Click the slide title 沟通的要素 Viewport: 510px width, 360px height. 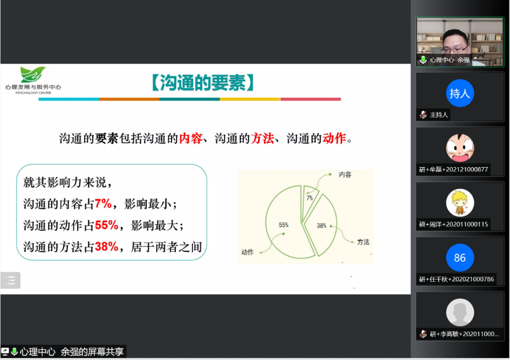tap(202, 82)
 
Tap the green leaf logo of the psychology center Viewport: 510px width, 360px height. tap(32, 74)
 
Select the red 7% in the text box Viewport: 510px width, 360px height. tap(103, 204)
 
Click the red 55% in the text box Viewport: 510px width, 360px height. tap(106, 225)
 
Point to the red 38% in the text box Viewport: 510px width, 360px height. tap(106, 246)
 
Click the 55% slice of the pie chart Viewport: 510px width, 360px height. tap(286, 224)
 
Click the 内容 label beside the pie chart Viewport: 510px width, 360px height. tap(345, 175)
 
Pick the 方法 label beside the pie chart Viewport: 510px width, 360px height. tap(363, 242)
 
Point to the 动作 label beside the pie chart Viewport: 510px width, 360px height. tap(247, 252)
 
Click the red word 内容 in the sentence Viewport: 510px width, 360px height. tap(191, 139)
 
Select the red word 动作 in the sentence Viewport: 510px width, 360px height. tap(334, 139)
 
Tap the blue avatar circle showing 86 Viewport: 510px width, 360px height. tap(459, 258)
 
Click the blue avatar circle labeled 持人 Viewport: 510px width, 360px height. tap(459, 93)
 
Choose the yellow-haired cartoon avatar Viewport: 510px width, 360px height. tap(459, 203)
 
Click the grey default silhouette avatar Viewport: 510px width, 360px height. tap(459, 313)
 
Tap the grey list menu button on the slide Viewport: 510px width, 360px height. tap(10, 280)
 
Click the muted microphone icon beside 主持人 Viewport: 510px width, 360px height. tap(423, 115)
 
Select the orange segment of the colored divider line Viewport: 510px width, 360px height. tap(129, 99)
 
